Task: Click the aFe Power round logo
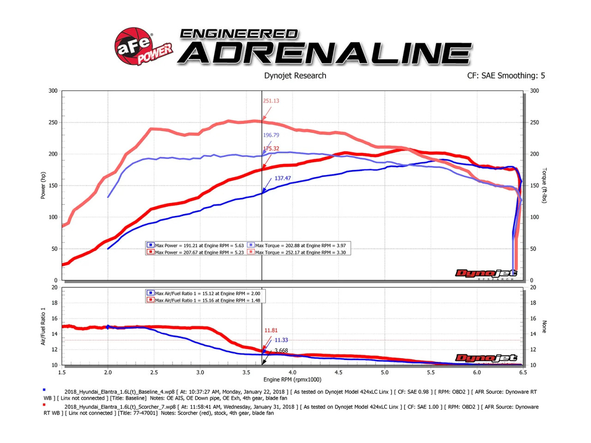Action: coord(134,46)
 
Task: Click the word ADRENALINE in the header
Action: coord(325,53)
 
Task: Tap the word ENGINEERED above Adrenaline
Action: coord(239,34)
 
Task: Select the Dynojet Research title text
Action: coord(295,76)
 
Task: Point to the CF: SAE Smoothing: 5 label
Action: coord(506,76)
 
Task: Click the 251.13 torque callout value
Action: coord(271,101)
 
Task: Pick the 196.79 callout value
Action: coord(271,135)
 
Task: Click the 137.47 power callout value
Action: coord(283,178)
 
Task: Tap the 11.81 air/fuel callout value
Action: coord(271,330)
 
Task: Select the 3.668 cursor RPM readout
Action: coord(281,351)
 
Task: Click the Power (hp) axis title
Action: coord(43,186)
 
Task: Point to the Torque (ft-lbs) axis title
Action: coord(544,186)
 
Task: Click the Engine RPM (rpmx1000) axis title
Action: coord(292,380)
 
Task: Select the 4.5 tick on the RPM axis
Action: coord(338,372)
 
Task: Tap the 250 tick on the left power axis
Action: coord(53,122)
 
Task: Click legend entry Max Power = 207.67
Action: coord(199,252)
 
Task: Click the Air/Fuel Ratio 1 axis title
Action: coord(43,326)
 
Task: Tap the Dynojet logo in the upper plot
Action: coord(486,274)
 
